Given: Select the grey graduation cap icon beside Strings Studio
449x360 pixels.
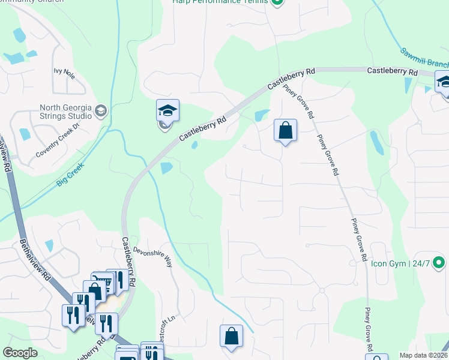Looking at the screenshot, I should pos(101,110).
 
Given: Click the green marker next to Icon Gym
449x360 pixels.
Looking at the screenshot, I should pos(439,263).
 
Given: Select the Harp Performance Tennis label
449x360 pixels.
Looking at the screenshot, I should pos(219,2).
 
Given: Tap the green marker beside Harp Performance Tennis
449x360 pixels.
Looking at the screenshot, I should pos(277,2).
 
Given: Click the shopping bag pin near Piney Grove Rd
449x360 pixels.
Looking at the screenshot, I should pos(285,130).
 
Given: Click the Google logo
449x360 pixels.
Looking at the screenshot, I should pos(20,353).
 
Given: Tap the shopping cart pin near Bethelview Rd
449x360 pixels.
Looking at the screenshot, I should pos(102,282).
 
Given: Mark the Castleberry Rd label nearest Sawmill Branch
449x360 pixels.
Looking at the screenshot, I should pos(392,72).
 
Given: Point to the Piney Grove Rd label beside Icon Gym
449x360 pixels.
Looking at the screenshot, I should pos(359,239).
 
